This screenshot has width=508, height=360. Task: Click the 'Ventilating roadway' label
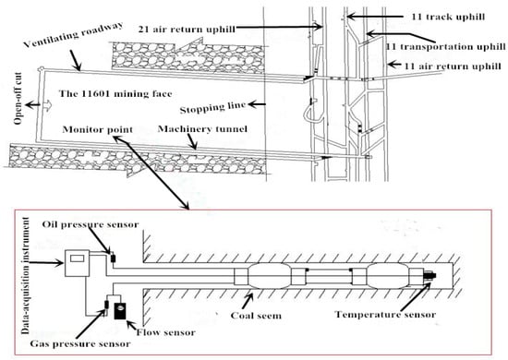73,35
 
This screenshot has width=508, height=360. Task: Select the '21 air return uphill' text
187,30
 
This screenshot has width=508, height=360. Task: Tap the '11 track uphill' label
448,17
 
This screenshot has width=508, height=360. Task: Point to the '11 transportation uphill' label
446,47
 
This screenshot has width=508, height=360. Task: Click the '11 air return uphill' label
452,66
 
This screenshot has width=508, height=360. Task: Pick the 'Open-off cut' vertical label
18,99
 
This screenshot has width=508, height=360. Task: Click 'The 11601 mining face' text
115,94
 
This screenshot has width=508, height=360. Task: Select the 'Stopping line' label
212,107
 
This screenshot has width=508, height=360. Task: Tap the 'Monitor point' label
98,129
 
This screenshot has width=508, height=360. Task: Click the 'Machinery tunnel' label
202,129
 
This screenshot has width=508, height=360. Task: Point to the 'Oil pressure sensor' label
91,224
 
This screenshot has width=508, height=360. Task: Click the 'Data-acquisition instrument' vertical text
26,276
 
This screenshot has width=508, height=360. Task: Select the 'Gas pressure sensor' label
80,343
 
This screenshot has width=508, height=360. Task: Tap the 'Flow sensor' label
166,332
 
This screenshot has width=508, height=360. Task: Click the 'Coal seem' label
256,316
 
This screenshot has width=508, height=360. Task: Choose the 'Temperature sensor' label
385,315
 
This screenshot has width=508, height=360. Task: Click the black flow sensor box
121,310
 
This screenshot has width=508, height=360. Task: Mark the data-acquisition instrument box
77,263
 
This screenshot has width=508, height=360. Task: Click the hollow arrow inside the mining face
47,105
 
